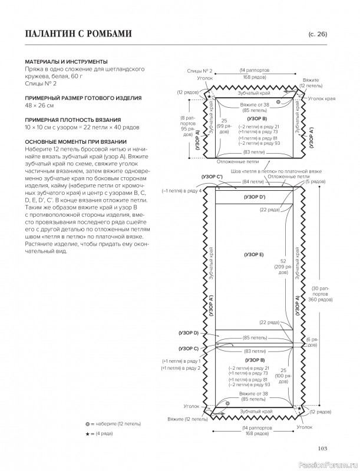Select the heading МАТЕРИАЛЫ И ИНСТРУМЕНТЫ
66,61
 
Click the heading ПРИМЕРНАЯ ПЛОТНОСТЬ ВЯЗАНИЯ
73,120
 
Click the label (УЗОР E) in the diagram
253,254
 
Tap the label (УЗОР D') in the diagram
254,197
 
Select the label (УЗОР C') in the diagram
211,176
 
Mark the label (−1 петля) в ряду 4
182,191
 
